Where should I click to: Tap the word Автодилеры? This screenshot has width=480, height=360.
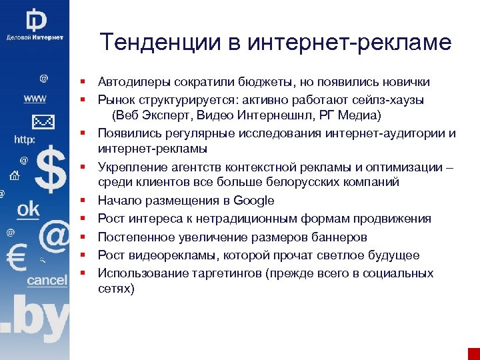(x=135, y=82)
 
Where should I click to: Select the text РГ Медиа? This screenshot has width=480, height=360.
(x=346, y=116)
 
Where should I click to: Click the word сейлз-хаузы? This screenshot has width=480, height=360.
(x=391, y=100)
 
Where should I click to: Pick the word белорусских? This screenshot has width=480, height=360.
(x=299, y=182)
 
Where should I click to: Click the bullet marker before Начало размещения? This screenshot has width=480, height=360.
(x=86, y=201)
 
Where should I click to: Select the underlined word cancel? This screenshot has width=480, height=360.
(x=47, y=281)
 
